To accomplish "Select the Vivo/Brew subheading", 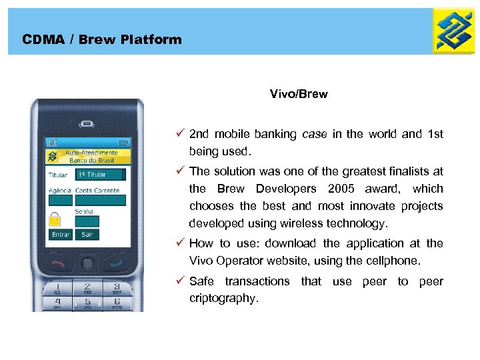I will pos(298,94).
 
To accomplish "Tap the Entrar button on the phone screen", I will pos(61,235).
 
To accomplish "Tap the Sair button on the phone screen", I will pos(87,235).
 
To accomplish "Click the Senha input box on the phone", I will pos(87,221).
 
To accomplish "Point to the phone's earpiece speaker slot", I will pos(87,123).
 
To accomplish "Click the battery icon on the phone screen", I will pos(122,142).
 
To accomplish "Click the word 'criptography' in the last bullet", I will pos(223,298).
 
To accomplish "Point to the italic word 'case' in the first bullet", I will pos(314,134).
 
